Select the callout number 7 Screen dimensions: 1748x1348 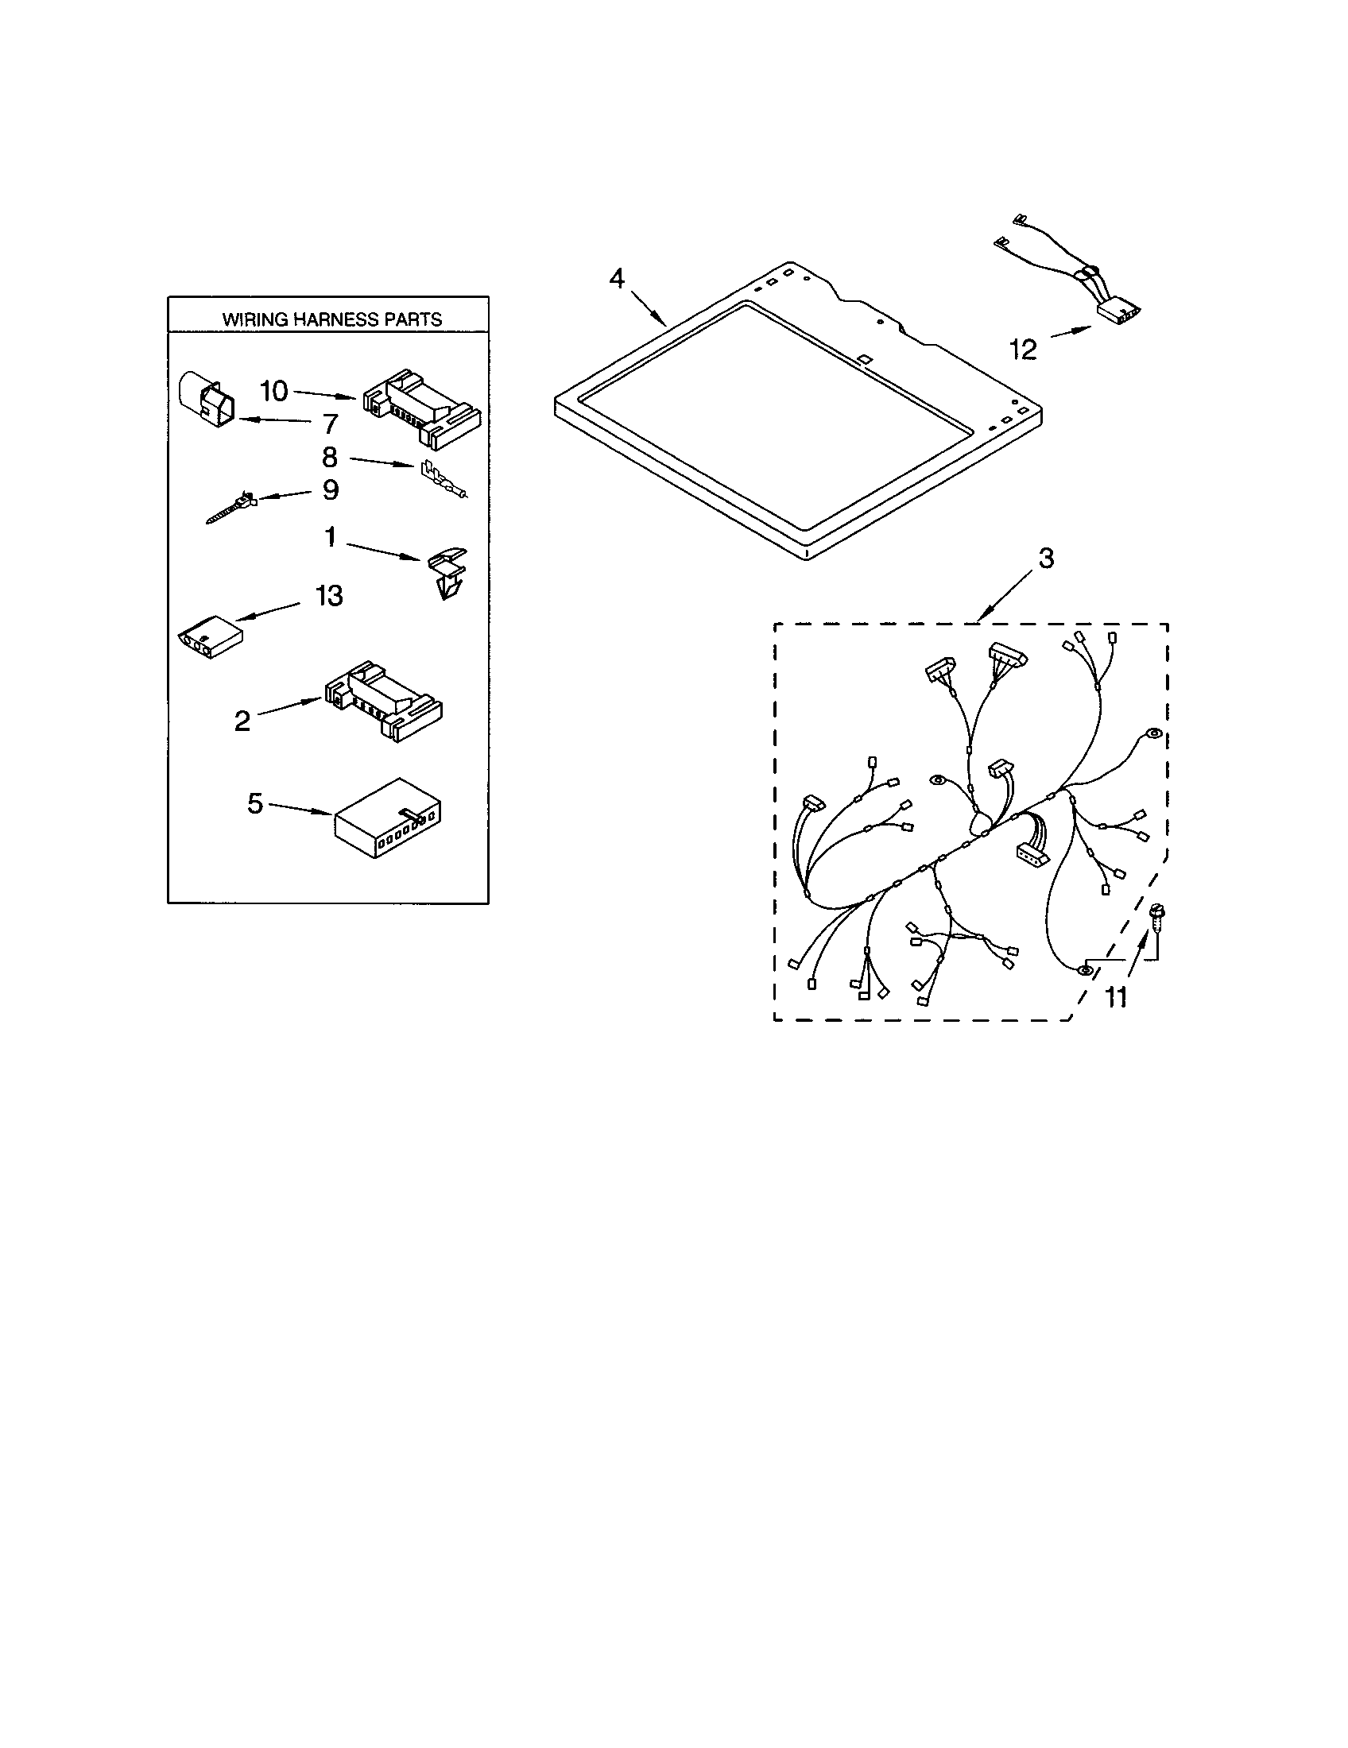pyautogui.click(x=330, y=423)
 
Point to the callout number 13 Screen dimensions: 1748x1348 pyautogui.click(x=328, y=595)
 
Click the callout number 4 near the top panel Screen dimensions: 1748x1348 pyautogui.click(x=616, y=279)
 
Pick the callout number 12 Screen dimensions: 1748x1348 pyautogui.click(x=1023, y=349)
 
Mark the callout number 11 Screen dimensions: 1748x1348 pyautogui.click(x=1116, y=996)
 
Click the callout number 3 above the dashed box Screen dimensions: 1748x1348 pyautogui.click(x=1046, y=558)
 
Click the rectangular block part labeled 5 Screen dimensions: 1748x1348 pyautogui.click(x=386, y=818)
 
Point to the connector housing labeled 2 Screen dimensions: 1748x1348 pyautogui.click(x=382, y=698)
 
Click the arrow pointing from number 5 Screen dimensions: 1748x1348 pyautogui.click(x=300, y=809)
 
